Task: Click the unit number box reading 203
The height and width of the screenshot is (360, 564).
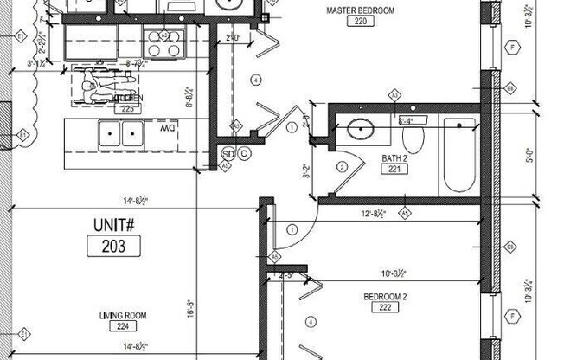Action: click(x=113, y=246)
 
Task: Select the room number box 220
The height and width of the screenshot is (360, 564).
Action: click(x=362, y=22)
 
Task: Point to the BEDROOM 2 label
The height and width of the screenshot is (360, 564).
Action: click(x=386, y=296)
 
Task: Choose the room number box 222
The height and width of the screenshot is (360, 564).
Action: click(x=385, y=308)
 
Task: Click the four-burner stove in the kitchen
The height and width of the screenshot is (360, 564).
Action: click(x=164, y=43)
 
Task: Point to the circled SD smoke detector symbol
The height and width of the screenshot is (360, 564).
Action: click(x=228, y=154)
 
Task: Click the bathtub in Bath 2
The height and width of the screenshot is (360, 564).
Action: click(x=458, y=156)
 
